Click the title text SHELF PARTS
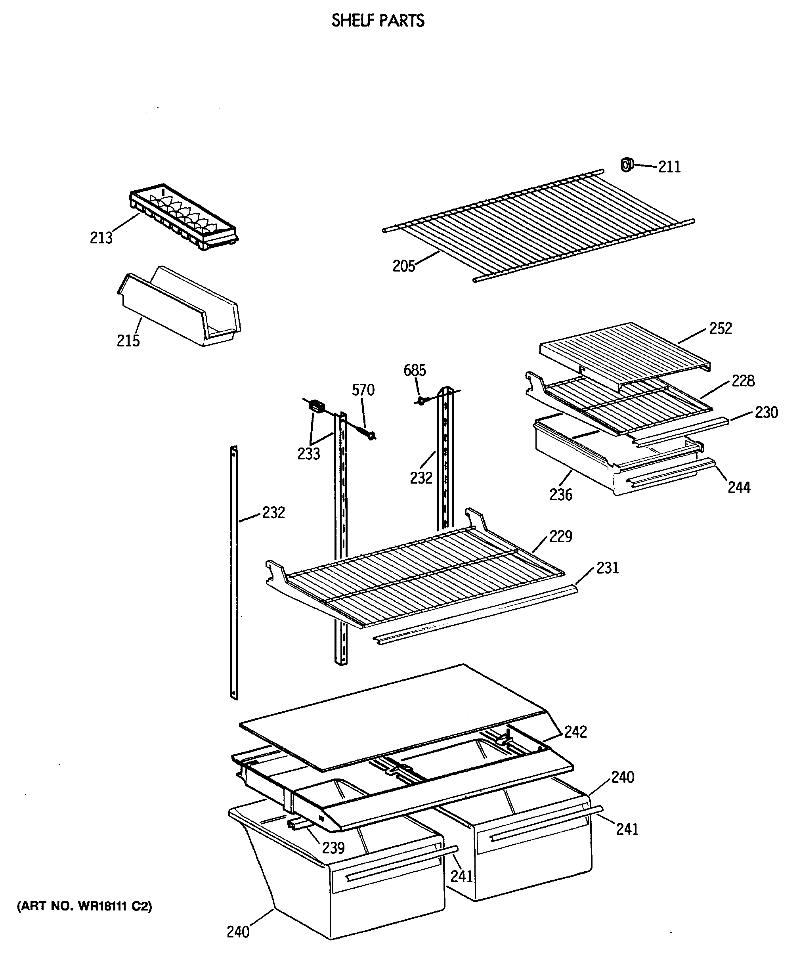coord(378,21)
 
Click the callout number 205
coord(403,266)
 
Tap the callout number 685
coord(415,371)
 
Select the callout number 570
coord(363,390)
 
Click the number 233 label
coord(308,453)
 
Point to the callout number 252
coord(720,329)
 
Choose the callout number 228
coord(743,381)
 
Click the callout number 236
coord(561,494)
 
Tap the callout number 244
coord(739,487)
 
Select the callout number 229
coord(561,536)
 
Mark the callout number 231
coord(607,568)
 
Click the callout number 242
coord(575,732)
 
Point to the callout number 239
coord(333,847)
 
